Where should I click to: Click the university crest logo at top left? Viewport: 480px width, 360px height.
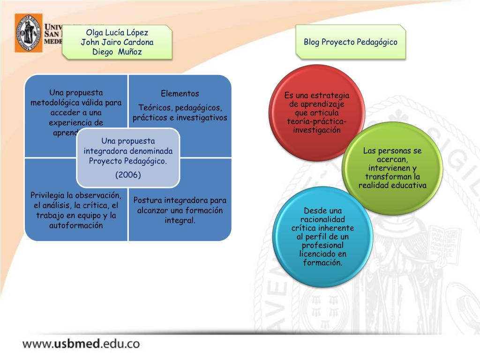28,32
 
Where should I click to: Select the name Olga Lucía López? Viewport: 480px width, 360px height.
117,32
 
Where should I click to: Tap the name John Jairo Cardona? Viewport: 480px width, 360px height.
117,42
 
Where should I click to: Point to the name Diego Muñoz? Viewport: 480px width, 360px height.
117,52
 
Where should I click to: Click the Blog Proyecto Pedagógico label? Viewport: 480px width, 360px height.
350,42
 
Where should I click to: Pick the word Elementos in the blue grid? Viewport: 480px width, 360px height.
180,93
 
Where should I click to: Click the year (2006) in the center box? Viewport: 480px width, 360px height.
128,174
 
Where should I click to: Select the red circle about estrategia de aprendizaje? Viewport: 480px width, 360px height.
317,112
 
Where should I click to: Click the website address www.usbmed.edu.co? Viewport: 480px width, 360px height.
81,343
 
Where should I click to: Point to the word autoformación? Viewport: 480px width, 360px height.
75,225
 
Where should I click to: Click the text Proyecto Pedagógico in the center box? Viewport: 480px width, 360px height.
128,161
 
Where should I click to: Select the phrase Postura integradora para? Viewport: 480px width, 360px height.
180,200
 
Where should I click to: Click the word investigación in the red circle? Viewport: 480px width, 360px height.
317,130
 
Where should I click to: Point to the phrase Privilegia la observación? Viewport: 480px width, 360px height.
75,195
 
